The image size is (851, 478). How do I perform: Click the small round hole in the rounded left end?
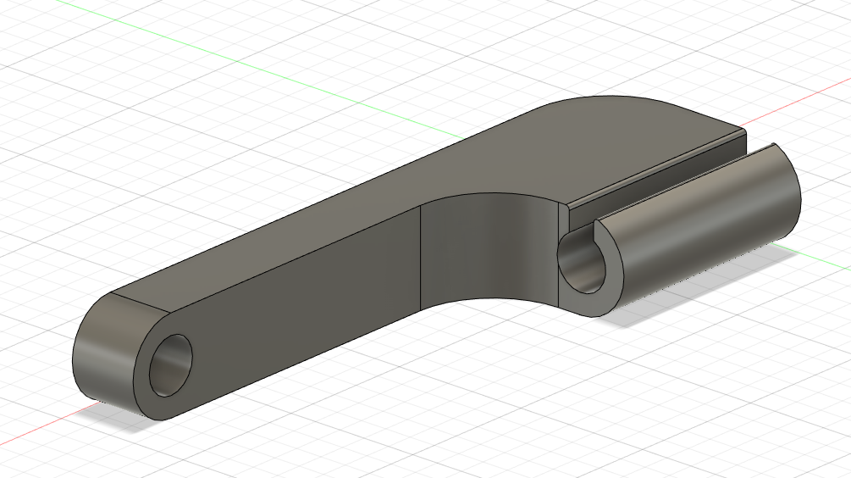[x=171, y=365]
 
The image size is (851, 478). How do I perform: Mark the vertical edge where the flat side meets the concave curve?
[x=421, y=258]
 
